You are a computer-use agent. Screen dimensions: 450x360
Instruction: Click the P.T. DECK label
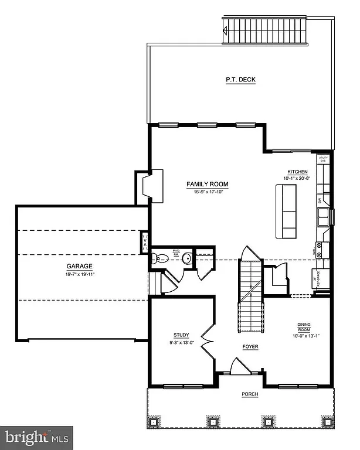click(240, 80)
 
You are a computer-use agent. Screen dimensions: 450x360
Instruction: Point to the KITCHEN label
click(294, 172)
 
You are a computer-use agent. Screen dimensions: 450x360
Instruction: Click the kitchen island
click(287, 211)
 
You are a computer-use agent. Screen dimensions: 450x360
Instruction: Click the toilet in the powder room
click(157, 258)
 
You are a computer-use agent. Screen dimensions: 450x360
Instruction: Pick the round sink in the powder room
click(186, 258)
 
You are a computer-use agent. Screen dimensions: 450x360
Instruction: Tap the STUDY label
click(181, 336)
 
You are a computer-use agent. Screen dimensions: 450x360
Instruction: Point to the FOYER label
click(250, 347)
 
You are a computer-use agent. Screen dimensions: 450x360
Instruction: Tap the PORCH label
click(250, 394)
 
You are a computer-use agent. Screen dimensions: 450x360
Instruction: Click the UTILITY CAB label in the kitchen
click(322, 159)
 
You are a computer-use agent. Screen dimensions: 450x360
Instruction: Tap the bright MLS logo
click(36, 437)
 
